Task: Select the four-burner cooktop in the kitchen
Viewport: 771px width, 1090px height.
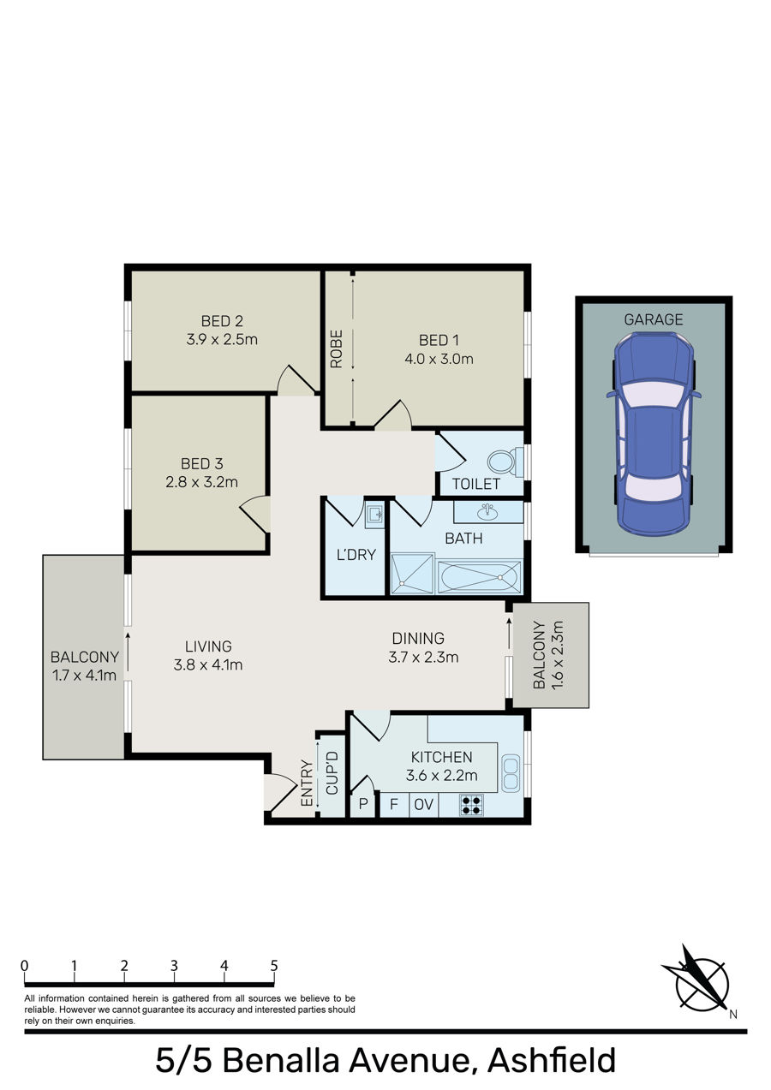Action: (x=471, y=805)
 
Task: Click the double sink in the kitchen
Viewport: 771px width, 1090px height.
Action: (x=510, y=772)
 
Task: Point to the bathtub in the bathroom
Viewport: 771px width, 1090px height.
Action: (x=479, y=577)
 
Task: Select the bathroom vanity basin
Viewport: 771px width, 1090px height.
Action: (x=487, y=511)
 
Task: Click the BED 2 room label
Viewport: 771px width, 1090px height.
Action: (x=222, y=321)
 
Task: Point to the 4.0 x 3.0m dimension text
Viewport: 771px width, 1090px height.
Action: (x=439, y=359)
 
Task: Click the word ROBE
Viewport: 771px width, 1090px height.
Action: (x=337, y=348)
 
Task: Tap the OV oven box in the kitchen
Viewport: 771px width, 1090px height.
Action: (x=423, y=804)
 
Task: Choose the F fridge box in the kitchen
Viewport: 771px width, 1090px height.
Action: (x=394, y=804)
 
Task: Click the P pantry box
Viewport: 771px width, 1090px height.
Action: (x=363, y=804)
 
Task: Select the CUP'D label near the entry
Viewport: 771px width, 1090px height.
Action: (x=332, y=773)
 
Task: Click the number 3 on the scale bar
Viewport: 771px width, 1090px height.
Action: (x=174, y=966)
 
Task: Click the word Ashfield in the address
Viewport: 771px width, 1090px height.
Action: (x=552, y=1061)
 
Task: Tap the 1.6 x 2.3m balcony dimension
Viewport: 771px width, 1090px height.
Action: (x=557, y=655)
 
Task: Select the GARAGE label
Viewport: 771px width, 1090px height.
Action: (x=653, y=319)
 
